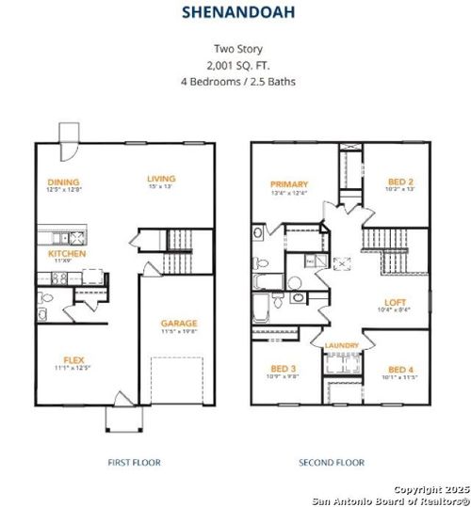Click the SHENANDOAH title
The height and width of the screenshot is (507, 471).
[235, 14]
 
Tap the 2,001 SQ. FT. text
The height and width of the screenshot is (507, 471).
[235, 65]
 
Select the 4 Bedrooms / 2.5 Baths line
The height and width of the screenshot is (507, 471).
[235, 82]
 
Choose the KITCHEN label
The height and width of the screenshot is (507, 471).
[68, 254]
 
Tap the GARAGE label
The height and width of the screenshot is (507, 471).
[178, 323]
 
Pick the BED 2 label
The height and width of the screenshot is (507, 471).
[400, 182]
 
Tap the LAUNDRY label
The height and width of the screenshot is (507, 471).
[341, 346]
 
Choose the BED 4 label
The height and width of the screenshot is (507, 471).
[400, 369]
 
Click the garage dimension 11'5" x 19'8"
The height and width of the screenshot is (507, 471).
[178, 332]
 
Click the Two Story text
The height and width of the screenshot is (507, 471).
[235, 49]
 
